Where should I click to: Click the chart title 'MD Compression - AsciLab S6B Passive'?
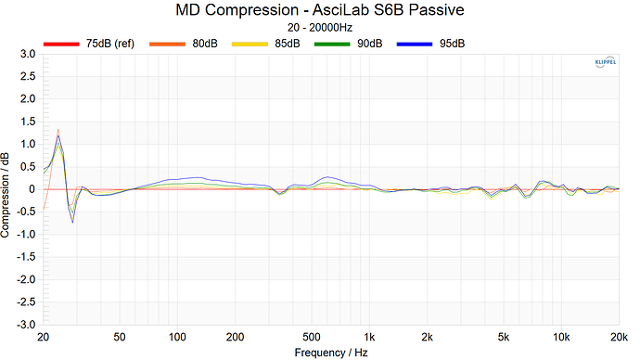[x=319, y=11]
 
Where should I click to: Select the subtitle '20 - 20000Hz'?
[x=319, y=29]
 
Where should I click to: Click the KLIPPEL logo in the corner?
[x=603, y=62]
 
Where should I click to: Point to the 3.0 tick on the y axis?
[x=28, y=55]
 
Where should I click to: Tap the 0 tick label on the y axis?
[x=32, y=189]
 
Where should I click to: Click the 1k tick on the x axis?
[x=370, y=337]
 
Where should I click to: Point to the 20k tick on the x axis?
[x=620, y=337]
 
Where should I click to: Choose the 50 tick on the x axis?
[x=120, y=337]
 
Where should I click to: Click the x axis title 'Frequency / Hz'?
[x=332, y=353]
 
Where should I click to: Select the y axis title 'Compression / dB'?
[x=7, y=189]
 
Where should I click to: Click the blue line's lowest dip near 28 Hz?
[x=72, y=222]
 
